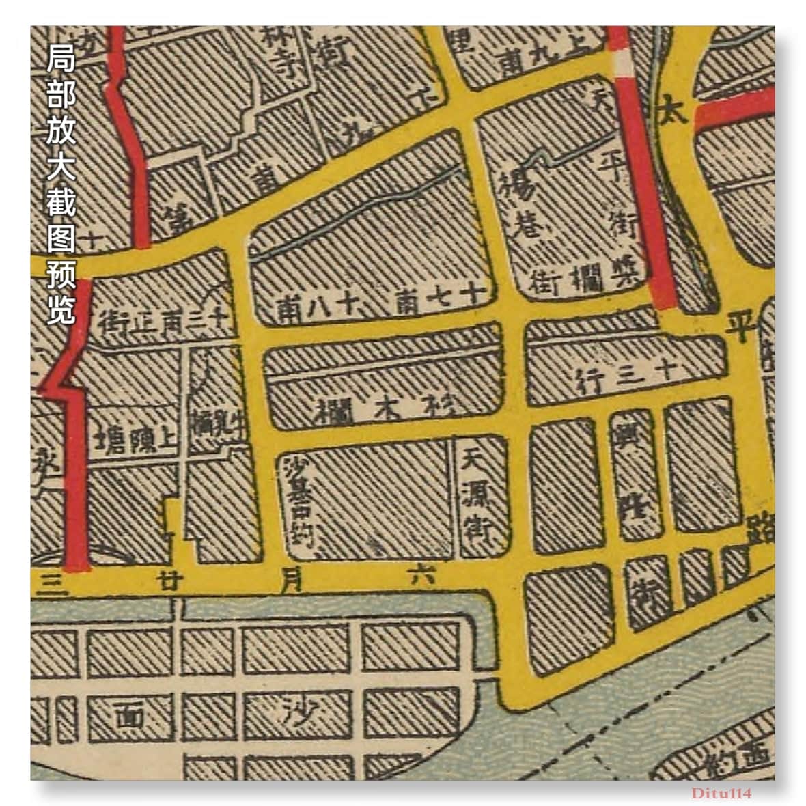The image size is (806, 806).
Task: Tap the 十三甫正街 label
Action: coord(166,318)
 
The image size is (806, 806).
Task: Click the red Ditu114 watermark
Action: coord(721,793)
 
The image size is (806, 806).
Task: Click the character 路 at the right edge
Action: coord(760,529)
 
